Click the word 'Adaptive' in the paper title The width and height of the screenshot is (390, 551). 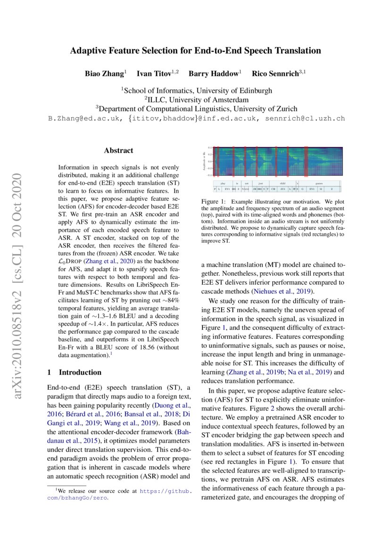click(91, 51)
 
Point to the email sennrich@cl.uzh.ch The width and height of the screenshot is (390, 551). click(306, 118)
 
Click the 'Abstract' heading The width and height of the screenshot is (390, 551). click(118, 151)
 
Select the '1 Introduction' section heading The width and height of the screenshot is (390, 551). click(75, 372)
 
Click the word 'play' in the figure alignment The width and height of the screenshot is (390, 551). click(223, 182)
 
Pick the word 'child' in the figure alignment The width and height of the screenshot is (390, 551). click(282, 182)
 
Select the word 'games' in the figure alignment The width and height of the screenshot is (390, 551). click(319, 182)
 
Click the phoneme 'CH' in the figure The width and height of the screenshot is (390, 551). click(273, 189)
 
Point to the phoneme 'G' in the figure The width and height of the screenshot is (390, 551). click(302, 189)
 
